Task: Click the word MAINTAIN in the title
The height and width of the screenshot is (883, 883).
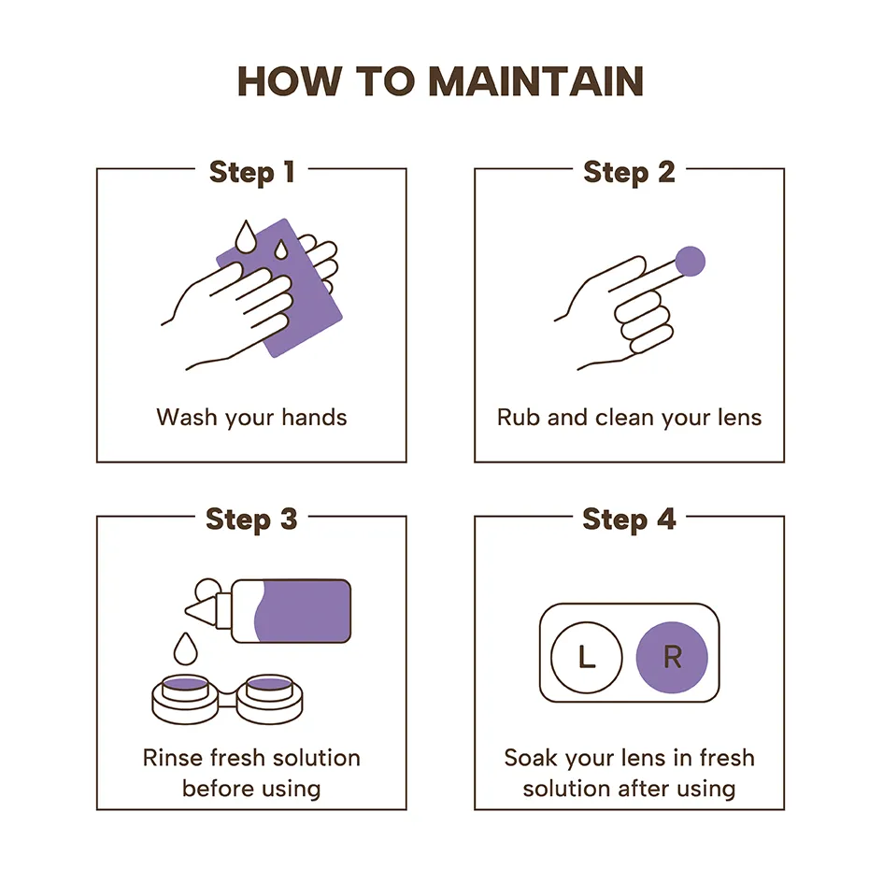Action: coord(535,81)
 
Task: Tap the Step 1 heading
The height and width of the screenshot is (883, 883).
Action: coord(251,172)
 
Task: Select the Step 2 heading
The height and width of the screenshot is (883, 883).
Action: coord(629,172)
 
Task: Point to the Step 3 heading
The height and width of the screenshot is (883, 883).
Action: coord(251,520)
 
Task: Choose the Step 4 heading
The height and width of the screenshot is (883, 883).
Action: coord(629,520)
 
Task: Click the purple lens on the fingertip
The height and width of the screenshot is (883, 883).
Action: coord(690,262)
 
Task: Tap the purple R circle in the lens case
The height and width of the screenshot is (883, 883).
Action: coord(672,657)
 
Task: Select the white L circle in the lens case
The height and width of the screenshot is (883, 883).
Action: coord(586,657)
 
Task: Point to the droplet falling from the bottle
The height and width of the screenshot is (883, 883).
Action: coord(185,648)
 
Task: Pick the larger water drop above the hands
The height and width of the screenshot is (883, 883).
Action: coord(246,236)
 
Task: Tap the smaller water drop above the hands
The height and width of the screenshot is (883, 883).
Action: coord(280,249)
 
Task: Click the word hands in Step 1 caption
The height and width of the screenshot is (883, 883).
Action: coord(314,418)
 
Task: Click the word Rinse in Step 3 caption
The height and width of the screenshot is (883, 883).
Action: coord(172,758)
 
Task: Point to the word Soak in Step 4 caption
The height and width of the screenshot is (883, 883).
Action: coord(532,758)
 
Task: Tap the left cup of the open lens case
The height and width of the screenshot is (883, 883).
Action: coord(185,699)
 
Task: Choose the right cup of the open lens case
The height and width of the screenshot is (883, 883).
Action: coord(269,699)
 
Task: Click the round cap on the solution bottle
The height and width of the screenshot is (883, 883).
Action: coord(207,591)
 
